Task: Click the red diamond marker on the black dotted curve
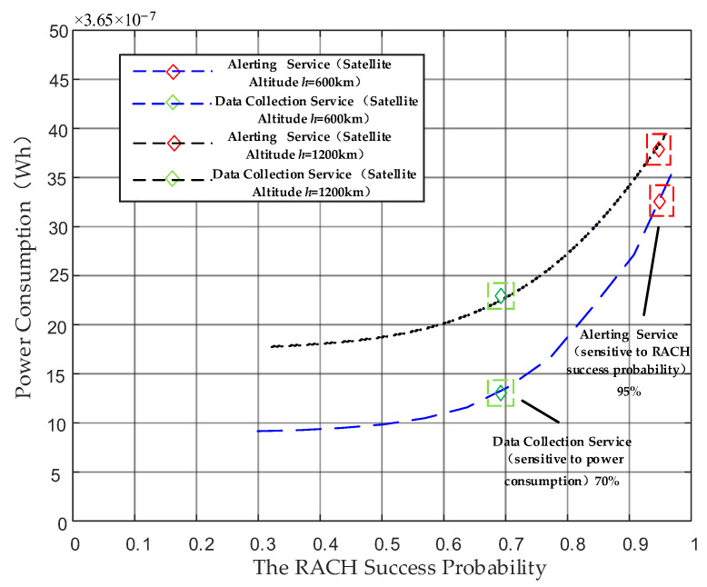tap(659, 148)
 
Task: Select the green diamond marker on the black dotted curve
tap(501, 295)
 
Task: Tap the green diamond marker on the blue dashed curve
tap(501, 393)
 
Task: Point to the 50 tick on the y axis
tap(56, 31)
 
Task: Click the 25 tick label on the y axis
tap(56, 276)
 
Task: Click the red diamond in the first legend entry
tap(173, 71)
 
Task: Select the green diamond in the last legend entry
tap(173, 178)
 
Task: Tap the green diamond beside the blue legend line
tap(173, 103)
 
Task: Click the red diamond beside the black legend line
tap(173, 143)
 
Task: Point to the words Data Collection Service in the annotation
tap(562, 441)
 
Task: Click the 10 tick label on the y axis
tap(56, 423)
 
